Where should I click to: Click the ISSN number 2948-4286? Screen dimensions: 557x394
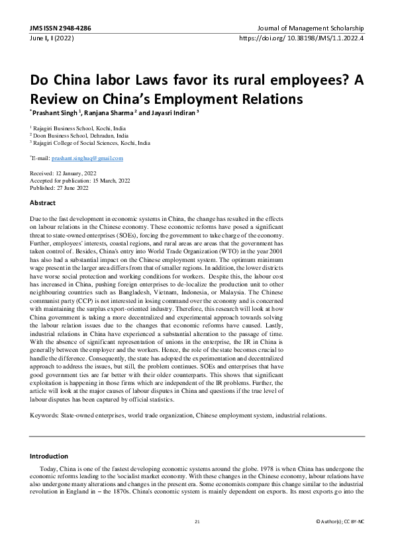(73, 29)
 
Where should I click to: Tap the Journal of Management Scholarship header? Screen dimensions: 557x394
(311, 29)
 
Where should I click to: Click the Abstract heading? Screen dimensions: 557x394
(42, 202)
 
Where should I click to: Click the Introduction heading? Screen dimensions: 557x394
(49, 456)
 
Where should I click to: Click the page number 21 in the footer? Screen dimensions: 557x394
(197, 522)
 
